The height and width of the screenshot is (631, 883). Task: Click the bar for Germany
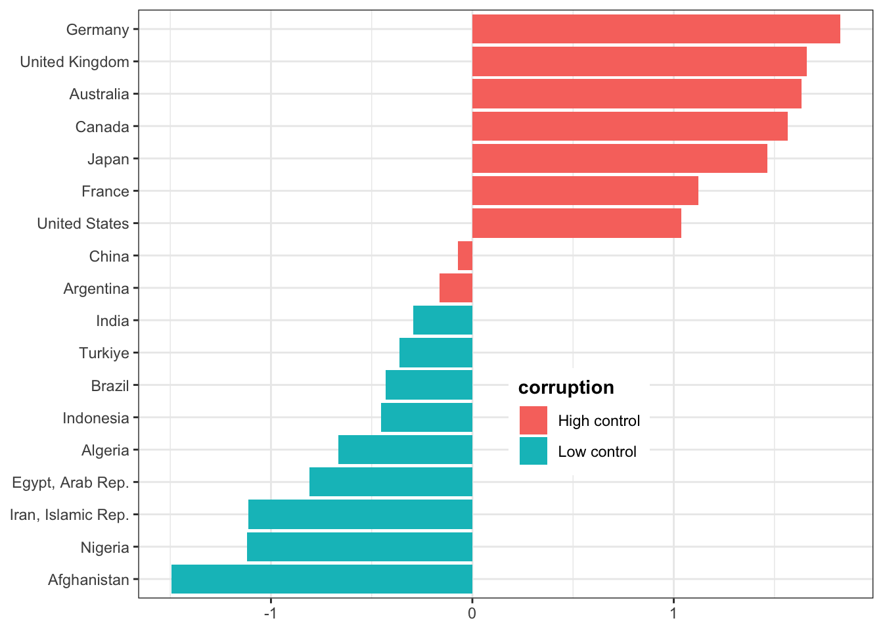point(656,29)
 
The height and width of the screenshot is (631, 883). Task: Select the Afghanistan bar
point(322,579)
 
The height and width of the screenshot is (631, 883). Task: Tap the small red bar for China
point(465,256)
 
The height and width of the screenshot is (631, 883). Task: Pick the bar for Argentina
point(456,288)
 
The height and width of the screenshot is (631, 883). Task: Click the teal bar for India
point(443,320)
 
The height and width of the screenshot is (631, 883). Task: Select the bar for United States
point(576,223)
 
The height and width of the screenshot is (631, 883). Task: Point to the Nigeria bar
point(359,547)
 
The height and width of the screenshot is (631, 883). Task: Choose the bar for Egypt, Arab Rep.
point(391,482)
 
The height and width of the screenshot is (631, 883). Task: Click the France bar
point(585,191)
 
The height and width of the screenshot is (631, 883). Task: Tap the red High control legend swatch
point(533,421)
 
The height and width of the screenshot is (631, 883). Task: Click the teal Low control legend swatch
point(533,452)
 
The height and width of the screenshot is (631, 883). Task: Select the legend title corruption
point(566,388)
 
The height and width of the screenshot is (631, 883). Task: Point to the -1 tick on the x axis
point(270,614)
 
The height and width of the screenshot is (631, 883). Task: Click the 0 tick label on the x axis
point(472,614)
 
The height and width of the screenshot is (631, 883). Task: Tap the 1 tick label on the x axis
point(673,614)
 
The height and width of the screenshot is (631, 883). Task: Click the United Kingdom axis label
point(74,62)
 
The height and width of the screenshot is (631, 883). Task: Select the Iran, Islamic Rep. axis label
point(69,515)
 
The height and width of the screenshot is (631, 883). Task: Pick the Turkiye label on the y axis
point(104,353)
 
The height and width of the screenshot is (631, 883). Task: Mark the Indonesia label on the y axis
point(96,418)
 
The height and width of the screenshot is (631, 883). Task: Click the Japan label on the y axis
point(108,159)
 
